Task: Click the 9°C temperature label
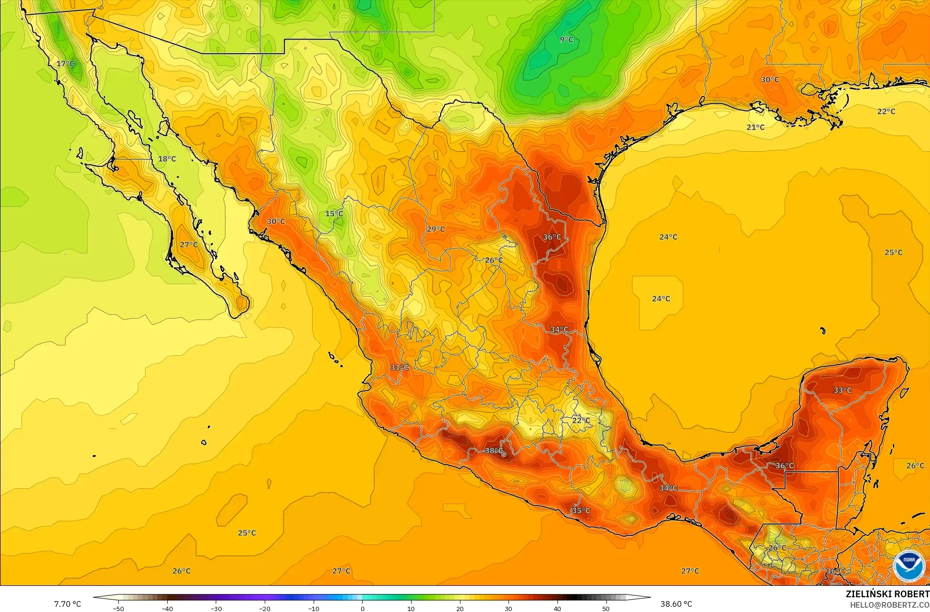coord(566,39)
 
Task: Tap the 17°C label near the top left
coord(66,64)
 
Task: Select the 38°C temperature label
coord(494,450)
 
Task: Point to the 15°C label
coord(334,214)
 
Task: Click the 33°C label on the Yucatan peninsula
coord(843,390)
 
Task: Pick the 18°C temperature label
coord(167,158)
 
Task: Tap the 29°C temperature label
coord(436,229)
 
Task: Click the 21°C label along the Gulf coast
coord(756,127)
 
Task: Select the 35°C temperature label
coord(581,510)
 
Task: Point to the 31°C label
coord(400,367)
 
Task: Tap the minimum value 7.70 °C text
coord(67,604)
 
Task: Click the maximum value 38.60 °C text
coord(676,604)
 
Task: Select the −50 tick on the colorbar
coord(118,608)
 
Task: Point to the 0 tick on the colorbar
coord(362,608)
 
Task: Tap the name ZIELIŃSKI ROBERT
coord(887,594)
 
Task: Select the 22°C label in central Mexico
coord(581,420)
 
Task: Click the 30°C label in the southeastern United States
coord(770,79)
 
